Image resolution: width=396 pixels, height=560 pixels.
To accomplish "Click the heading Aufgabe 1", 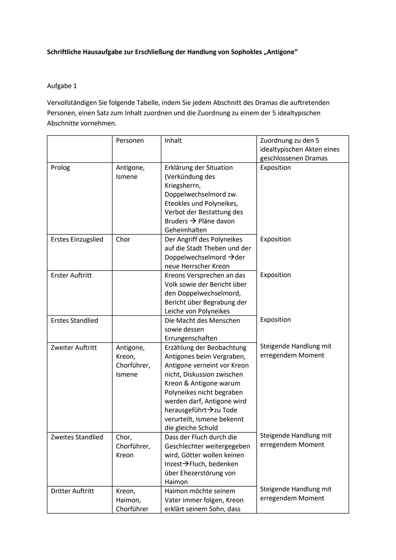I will (x=62, y=86).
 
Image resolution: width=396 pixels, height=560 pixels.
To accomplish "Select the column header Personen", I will (x=130, y=140).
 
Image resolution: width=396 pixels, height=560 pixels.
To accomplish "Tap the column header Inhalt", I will (x=173, y=140).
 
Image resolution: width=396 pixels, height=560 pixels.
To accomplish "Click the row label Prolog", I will (x=60, y=168).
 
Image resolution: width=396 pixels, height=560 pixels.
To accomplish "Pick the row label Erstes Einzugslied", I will (x=77, y=239).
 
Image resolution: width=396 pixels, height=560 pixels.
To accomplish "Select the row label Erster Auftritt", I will (x=71, y=275).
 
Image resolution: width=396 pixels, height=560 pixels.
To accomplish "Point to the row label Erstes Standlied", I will (x=74, y=321).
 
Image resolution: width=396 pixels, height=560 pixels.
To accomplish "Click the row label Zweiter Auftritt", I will (x=74, y=348).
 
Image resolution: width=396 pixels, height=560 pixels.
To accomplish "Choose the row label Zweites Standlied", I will (x=77, y=437).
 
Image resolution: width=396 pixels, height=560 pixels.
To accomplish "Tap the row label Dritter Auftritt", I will (x=72, y=491).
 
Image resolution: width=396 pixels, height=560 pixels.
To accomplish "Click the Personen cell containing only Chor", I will (x=123, y=239).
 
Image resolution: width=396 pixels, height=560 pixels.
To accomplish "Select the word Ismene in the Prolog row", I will (x=126, y=177).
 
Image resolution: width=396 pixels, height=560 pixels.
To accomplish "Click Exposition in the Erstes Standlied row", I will (x=275, y=320).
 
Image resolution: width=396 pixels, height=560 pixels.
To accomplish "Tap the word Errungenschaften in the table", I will (x=191, y=338).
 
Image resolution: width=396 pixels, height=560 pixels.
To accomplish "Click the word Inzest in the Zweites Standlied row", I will (x=173, y=464).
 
